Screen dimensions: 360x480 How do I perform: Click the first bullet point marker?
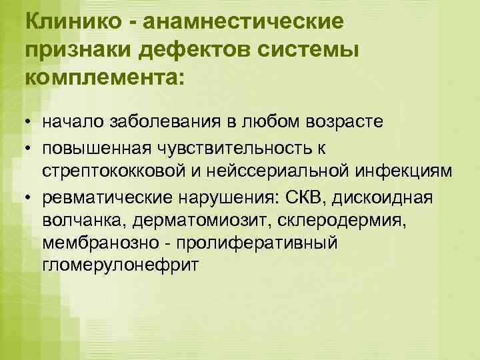pos(29,124)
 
